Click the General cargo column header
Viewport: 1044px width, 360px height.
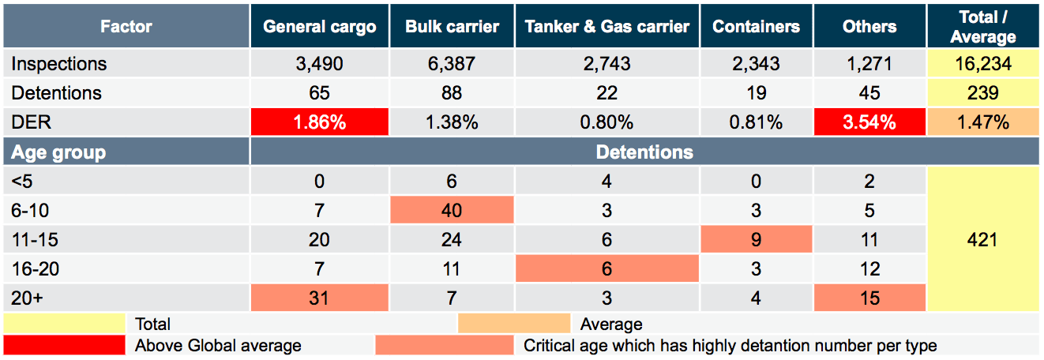click(319, 26)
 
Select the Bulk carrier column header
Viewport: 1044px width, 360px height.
click(452, 26)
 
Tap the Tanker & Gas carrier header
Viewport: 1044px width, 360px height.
click(606, 26)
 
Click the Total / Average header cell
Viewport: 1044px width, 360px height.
click(983, 26)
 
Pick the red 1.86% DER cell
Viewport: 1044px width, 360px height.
click(319, 122)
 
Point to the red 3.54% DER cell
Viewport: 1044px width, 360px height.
click(869, 122)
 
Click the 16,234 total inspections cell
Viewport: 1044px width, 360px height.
click(983, 63)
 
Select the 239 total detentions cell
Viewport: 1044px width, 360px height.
click(983, 92)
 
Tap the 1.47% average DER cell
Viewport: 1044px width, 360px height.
click(983, 122)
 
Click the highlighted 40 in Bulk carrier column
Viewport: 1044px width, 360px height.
click(452, 210)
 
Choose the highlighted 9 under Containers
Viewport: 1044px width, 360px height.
click(756, 239)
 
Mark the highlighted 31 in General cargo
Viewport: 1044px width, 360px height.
click(319, 298)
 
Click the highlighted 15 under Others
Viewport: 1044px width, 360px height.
click(869, 298)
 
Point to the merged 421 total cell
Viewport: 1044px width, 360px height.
click(983, 239)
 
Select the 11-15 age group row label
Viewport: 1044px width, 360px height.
click(35, 239)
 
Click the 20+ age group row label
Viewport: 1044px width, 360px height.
click(27, 298)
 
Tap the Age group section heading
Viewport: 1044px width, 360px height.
click(58, 152)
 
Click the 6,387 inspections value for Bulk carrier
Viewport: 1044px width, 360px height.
click(452, 63)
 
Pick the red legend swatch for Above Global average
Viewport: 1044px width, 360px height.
click(64, 345)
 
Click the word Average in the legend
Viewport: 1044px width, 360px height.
click(611, 324)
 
